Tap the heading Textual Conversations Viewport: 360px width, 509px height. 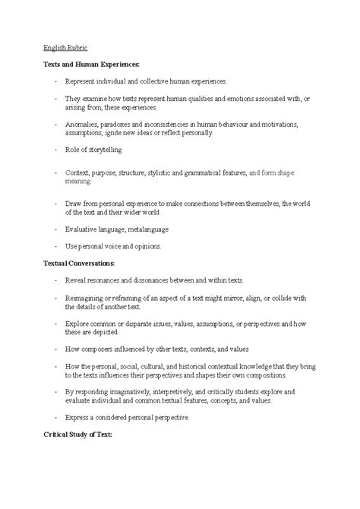pyautogui.click(x=79, y=263)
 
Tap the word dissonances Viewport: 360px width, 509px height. pyautogui.click(x=155, y=280)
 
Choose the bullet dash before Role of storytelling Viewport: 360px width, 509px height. pyautogui.click(x=55, y=150)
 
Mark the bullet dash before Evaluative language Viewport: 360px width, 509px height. pyautogui.click(x=55, y=229)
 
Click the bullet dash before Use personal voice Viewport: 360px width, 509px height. pyautogui.click(x=55, y=246)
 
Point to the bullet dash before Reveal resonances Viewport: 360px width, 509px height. pyautogui.click(x=55, y=280)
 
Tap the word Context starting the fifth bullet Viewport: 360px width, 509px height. pyautogui.click(x=78, y=173)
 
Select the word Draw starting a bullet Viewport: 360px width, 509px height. pyautogui.click(x=74, y=203)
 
